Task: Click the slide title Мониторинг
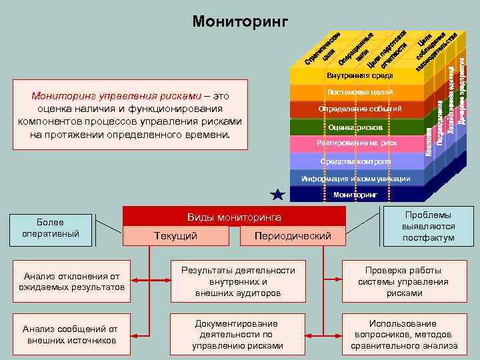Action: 240,22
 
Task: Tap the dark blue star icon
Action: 278,195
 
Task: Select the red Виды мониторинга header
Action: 233,217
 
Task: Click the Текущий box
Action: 175,236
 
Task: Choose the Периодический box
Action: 293,236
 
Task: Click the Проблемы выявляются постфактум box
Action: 428,227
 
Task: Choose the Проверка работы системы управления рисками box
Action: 403,281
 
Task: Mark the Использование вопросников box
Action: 403,335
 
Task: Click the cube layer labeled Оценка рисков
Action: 356,127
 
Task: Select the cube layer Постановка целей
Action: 356,91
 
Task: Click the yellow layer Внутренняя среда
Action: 356,75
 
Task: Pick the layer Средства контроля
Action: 356,161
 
